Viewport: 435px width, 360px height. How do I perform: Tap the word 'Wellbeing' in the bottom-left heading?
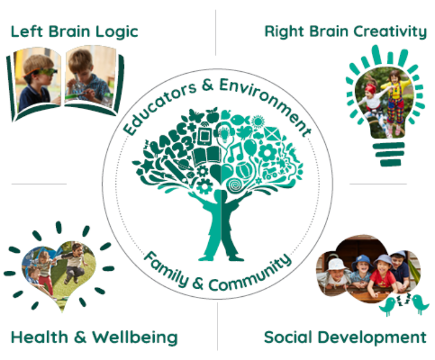pyautogui.click(x=135, y=338)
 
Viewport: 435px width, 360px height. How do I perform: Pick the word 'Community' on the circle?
pyautogui.click(x=250, y=275)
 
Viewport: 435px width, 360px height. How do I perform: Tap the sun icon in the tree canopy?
pyautogui.click(x=258, y=122)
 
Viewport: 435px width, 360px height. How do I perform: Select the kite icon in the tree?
pyautogui.click(x=271, y=133)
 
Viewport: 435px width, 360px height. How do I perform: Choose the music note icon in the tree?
pyautogui.click(x=237, y=152)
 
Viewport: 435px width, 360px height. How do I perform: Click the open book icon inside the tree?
pyautogui.click(x=207, y=157)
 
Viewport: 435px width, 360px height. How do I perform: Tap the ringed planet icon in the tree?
pyautogui.click(x=184, y=165)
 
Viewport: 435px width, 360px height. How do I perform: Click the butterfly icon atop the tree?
pyautogui.click(x=197, y=115)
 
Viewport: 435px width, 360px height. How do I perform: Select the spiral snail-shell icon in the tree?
pyautogui.click(x=235, y=184)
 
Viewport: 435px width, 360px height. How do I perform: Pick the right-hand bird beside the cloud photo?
pyautogui.click(x=420, y=304)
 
